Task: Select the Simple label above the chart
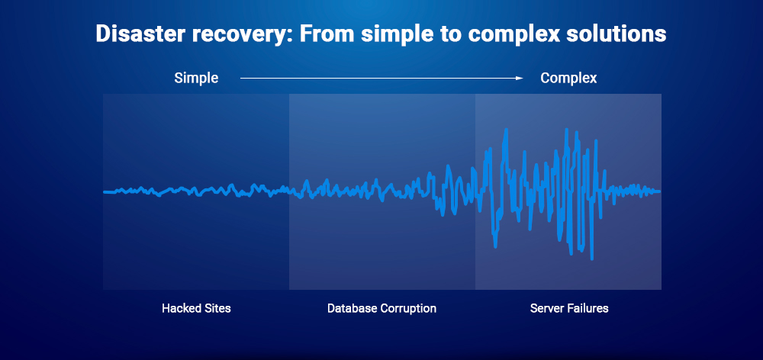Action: pyautogui.click(x=196, y=78)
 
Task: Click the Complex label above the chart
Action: pyautogui.click(x=568, y=78)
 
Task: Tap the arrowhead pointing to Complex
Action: pyautogui.click(x=519, y=78)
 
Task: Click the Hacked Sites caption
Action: pyautogui.click(x=196, y=309)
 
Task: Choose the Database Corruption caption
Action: pyautogui.click(x=381, y=309)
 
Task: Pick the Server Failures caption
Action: pyautogui.click(x=569, y=309)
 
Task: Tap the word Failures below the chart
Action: pyautogui.click(x=588, y=309)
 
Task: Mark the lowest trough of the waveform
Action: pyautogui.click(x=591, y=256)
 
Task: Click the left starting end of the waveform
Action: pyautogui.click(x=105, y=191)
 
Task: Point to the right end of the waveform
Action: pyautogui.click(x=658, y=191)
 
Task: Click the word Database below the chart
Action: pyautogui.click(x=351, y=309)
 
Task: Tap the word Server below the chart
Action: pyautogui.click(x=546, y=309)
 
